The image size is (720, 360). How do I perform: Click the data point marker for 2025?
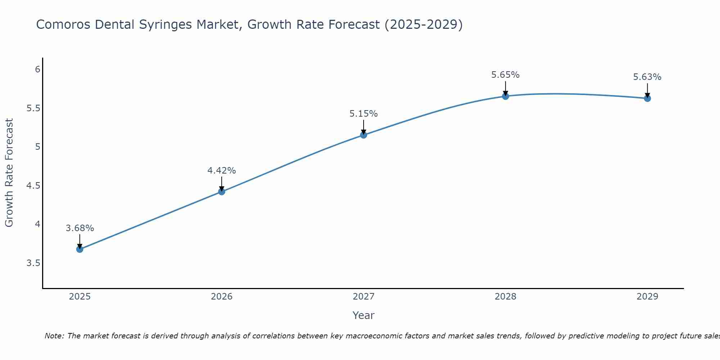tap(80, 249)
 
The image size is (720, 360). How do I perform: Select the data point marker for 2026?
tap(222, 192)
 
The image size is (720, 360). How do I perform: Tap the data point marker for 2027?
tap(364, 135)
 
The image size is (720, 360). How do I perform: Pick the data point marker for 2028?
tap(505, 96)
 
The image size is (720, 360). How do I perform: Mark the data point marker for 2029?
tap(647, 98)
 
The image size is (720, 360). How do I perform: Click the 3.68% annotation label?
tap(80, 228)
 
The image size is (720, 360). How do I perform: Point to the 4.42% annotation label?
tap(222, 171)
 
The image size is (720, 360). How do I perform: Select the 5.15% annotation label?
tap(364, 114)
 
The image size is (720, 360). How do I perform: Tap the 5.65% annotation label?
tap(505, 75)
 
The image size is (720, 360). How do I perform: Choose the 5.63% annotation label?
tap(647, 77)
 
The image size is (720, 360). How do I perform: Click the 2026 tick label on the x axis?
tap(222, 297)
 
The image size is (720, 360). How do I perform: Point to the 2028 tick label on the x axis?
tap(505, 297)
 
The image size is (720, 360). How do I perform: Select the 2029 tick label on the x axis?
tap(647, 297)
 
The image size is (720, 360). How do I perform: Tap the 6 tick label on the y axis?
tap(37, 69)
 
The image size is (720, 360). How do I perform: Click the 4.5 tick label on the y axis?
tap(33, 186)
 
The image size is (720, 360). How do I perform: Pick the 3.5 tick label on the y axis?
tap(33, 263)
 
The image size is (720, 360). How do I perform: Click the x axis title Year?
tap(364, 315)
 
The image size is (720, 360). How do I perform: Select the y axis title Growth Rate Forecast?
tap(9, 173)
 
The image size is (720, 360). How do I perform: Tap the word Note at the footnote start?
tap(54, 336)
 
